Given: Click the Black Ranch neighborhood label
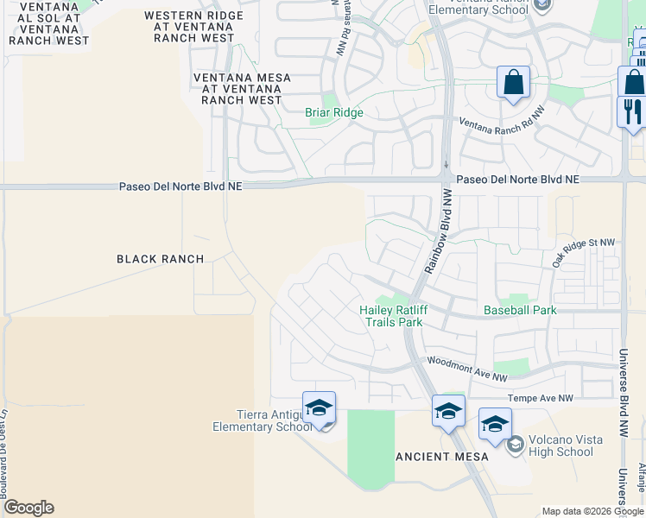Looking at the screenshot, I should (161, 259).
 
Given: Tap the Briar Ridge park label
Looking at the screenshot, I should (334, 113).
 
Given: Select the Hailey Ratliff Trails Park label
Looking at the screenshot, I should (391, 316).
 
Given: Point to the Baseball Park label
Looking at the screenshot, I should (520, 310).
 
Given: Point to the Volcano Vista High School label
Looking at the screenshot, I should (562, 445).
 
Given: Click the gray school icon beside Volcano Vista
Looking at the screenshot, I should (516, 445).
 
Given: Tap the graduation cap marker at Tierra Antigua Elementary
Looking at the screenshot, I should (319, 407).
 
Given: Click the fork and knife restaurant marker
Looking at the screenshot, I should (630, 111).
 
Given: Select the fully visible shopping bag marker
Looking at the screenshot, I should (513, 83).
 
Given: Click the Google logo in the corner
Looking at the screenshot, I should (28, 508).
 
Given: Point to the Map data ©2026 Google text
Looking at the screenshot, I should (592, 511).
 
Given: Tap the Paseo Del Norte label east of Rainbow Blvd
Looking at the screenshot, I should (517, 180).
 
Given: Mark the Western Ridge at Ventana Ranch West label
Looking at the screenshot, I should (189, 27).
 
